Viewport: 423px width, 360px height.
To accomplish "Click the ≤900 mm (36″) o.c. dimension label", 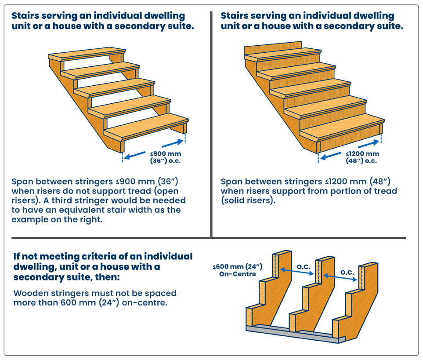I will click(165, 157).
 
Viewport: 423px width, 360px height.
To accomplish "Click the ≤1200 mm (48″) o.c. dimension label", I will click(362, 157).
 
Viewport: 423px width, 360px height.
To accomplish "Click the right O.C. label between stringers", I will click(347, 273).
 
